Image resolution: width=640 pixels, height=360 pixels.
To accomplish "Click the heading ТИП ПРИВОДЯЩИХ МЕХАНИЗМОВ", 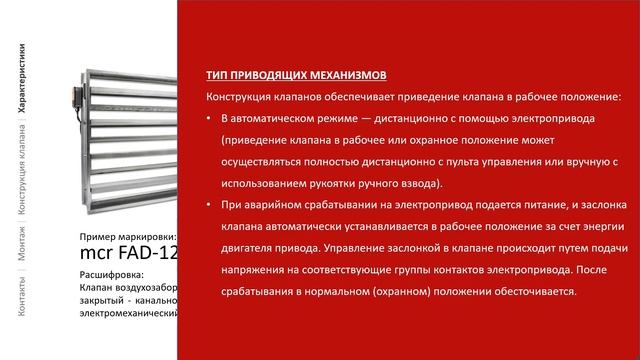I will pyautogui.click(x=295, y=75).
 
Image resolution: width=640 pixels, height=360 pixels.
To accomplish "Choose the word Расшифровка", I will pyautogui.click(x=111, y=274).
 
